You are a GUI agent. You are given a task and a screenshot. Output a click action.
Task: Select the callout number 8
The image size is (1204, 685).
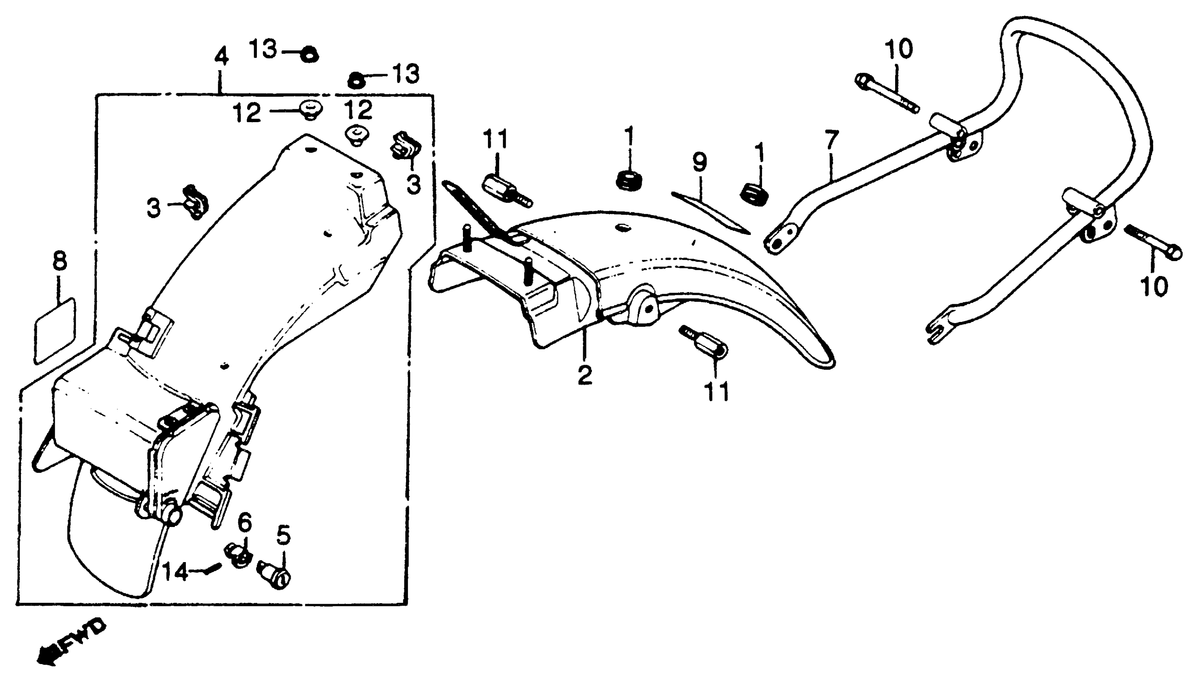click(x=60, y=261)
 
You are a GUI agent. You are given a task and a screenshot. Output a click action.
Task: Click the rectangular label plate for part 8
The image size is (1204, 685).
click(x=54, y=330)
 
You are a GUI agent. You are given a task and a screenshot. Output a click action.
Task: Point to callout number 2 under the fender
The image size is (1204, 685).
click(x=585, y=375)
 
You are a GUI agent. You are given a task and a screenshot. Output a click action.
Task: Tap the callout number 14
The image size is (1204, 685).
click(x=175, y=573)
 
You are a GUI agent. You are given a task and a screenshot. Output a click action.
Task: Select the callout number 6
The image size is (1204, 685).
click(x=244, y=523)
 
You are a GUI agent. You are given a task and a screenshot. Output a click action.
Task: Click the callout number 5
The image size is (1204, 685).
click(x=283, y=535)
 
